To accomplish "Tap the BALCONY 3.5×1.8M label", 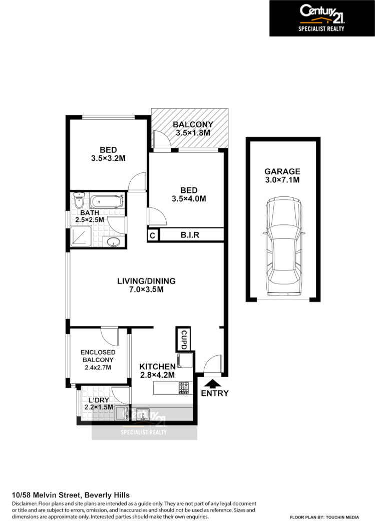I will pyautogui.click(x=193, y=129).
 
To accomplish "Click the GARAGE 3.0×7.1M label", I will pyautogui.click(x=283, y=175).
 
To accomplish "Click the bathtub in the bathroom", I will pyautogui.click(x=106, y=202).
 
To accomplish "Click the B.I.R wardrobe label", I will pyautogui.click(x=190, y=234).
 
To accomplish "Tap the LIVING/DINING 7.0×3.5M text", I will pyautogui.click(x=146, y=285).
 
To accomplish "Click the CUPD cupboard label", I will pyautogui.click(x=183, y=339).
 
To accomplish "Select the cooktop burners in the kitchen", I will pyautogui.click(x=184, y=387).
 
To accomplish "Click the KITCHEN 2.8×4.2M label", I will pyautogui.click(x=157, y=370).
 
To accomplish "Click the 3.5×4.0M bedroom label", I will pyautogui.click(x=189, y=194).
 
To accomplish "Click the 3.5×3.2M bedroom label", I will pyautogui.click(x=108, y=154).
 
